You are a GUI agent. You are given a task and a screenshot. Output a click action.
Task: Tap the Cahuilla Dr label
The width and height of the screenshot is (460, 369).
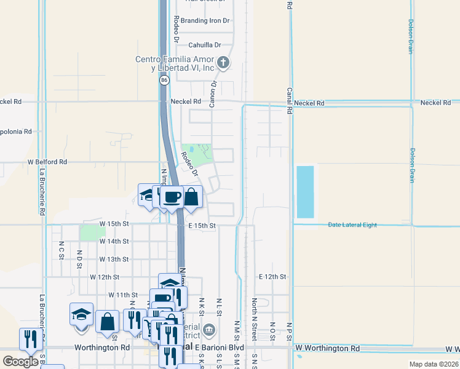pyautogui.click(x=204, y=45)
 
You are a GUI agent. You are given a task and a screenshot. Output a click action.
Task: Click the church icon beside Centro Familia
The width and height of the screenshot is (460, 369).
pyautogui.click(x=224, y=62)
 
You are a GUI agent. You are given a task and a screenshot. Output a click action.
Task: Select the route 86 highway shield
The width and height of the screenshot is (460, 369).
pyautogui.click(x=164, y=80)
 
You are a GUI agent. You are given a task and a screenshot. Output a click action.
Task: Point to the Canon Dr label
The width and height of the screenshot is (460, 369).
pyautogui.click(x=213, y=94)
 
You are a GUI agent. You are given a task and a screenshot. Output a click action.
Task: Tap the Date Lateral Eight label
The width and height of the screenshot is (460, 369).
pyautogui.click(x=352, y=225)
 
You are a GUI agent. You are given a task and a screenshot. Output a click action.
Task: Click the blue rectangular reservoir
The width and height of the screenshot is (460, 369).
pyautogui.click(x=305, y=191)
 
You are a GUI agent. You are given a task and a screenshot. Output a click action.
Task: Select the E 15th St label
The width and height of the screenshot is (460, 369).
pyautogui.click(x=202, y=226)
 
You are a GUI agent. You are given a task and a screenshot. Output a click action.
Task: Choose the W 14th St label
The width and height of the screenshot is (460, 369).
pyautogui.click(x=114, y=242)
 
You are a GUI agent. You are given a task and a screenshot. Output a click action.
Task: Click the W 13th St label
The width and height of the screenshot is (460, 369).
pyautogui.click(x=114, y=260)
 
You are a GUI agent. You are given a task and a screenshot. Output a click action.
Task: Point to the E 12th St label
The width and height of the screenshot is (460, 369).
pyautogui.click(x=272, y=277)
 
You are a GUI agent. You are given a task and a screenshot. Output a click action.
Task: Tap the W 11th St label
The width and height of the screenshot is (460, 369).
pyautogui.click(x=123, y=295)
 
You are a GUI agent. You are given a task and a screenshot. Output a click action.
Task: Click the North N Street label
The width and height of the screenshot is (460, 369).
pyautogui.click(x=254, y=320)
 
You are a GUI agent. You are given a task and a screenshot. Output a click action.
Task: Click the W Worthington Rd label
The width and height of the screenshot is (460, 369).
pyautogui.click(x=327, y=348)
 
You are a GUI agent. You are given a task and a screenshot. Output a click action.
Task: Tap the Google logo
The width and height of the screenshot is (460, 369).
pyautogui.click(x=20, y=361)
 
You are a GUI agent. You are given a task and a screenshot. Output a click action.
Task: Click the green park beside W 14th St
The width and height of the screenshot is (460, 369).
pyautogui.click(x=91, y=232)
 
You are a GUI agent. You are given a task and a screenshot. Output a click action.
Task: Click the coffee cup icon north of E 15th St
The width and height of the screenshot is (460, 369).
pyautogui.click(x=172, y=197)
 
